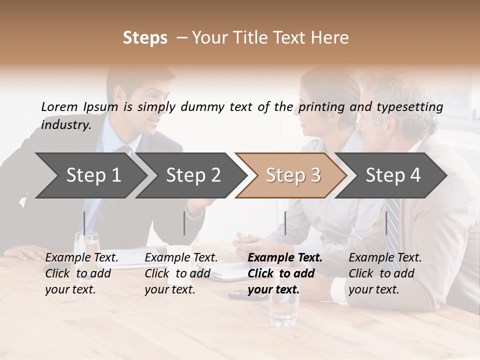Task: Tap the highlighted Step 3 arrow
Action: pyautogui.click(x=292, y=175)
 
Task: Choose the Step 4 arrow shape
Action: pyautogui.click(x=393, y=175)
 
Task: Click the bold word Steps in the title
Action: pyautogui.click(x=145, y=37)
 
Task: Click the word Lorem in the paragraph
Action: pyautogui.click(x=59, y=106)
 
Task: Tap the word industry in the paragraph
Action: pyautogui.click(x=65, y=124)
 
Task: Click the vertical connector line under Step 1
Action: pyautogui.click(x=84, y=223)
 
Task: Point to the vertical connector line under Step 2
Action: pyautogui.click(x=184, y=223)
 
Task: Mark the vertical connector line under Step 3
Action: pyautogui.click(x=285, y=223)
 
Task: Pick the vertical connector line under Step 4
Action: pyautogui.click(x=386, y=223)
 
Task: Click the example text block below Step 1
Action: pyautogui.click(x=81, y=273)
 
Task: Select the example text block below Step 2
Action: pyautogui.click(x=181, y=273)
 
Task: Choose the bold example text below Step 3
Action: pyautogui.click(x=285, y=273)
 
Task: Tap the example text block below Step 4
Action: pyautogui.click(x=385, y=273)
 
